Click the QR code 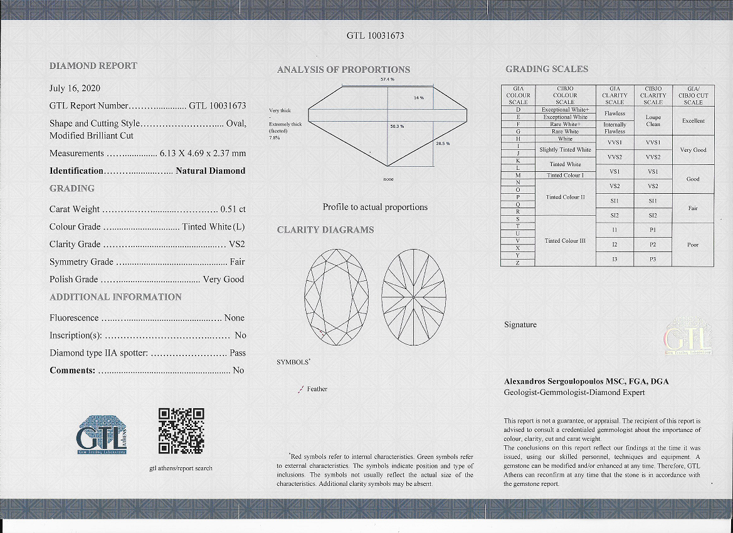tap(181, 431)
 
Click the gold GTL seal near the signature tap(688, 337)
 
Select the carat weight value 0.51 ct tap(233, 209)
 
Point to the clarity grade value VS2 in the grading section tap(237, 245)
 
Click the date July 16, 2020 tap(75, 88)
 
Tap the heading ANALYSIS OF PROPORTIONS tap(344, 70)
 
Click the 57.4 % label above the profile tap(387, 80)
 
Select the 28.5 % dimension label tap(443, 144)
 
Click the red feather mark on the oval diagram tap(322, 333)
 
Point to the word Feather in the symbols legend tap(317, 389)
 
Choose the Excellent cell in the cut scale tap(693, 121)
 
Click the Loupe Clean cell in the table tap(653, 120)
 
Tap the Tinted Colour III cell tap(565, 241)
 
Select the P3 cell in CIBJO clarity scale tap(653, 259)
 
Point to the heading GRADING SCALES tap(547, 69)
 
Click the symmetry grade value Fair tap(237, 262)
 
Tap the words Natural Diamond tap(211, 171)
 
